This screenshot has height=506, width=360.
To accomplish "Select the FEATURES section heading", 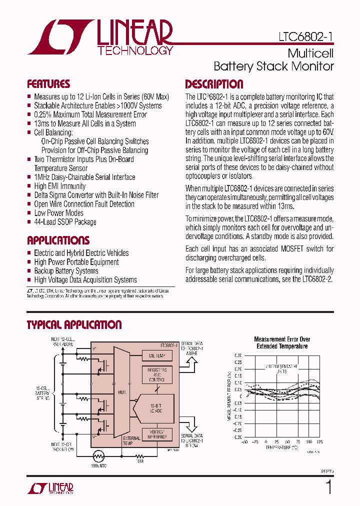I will pyautogui.click(x=48, y=84).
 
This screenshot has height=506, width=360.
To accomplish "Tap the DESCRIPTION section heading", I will pyautogui.click(x=214, y=84).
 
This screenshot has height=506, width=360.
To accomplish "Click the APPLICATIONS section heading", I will pyautogui.click(x=58, y=240).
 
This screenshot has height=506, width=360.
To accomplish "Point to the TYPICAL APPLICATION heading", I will pyautogui.click(x=74, y=325).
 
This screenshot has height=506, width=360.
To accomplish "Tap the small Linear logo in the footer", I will pyautogui.click(x=50, y=488).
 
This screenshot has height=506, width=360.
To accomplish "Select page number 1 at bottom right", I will pyautogui.click(x=328, y=487).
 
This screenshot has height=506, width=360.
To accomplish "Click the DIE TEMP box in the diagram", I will pyautogui.click(x=157, y=356).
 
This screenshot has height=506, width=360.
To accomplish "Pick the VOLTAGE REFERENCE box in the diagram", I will pyautogui.click(x=157, y=434).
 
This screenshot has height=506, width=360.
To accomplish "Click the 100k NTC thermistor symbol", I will pyautogui.click(x=99, y=456).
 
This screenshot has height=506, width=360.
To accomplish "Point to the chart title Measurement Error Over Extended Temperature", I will pyautogui.click(x=282, y=342).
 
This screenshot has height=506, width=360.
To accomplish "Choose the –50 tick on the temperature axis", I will pyautogui.click(x=244, y=442).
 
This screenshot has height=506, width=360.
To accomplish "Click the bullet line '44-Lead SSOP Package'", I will pyautogui.click(x=65, y=222).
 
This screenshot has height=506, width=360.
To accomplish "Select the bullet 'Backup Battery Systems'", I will pyautogui.click(x=66, y=271).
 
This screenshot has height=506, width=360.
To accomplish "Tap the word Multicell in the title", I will pyautogui.click(x=310, y=53).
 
